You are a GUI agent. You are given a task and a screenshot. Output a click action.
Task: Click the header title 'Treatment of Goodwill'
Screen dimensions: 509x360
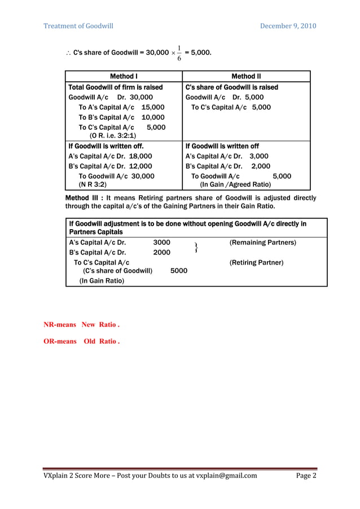pyautogui.click(x=78, y=26)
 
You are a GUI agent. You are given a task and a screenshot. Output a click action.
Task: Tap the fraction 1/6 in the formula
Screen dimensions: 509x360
pyautogui.click(x=179, y=52)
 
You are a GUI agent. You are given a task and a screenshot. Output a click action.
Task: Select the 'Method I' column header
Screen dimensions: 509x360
pyautogui.click(x=124, y=76)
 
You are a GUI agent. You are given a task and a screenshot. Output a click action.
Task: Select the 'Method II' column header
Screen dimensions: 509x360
pyautogui.click(x=246, y=76)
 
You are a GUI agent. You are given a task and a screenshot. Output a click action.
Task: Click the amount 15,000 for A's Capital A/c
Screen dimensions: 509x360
pyautogui.click(x=153, y=107)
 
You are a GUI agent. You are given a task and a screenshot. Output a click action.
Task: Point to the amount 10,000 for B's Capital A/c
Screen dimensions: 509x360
pyautogui.click(x=153, y=117)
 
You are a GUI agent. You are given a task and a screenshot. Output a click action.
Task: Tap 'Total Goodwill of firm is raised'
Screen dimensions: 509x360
pyautogui.click(x=115, y=87)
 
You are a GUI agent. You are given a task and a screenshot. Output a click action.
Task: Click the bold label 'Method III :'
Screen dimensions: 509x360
pyautogui.click(x=85, y=198)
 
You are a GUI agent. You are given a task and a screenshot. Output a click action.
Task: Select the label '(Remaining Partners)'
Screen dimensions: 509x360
pyautogui.click(x=262, y=243)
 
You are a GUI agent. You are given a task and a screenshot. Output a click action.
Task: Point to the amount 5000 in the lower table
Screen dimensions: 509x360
pyautogui.click(x=179, y=271)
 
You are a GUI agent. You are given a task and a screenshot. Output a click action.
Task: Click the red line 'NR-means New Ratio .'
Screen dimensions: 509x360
pyautogui.click(x=82, y=325)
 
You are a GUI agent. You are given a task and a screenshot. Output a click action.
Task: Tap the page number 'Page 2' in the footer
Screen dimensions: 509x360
pyautogui.click(x=306, y=475)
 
